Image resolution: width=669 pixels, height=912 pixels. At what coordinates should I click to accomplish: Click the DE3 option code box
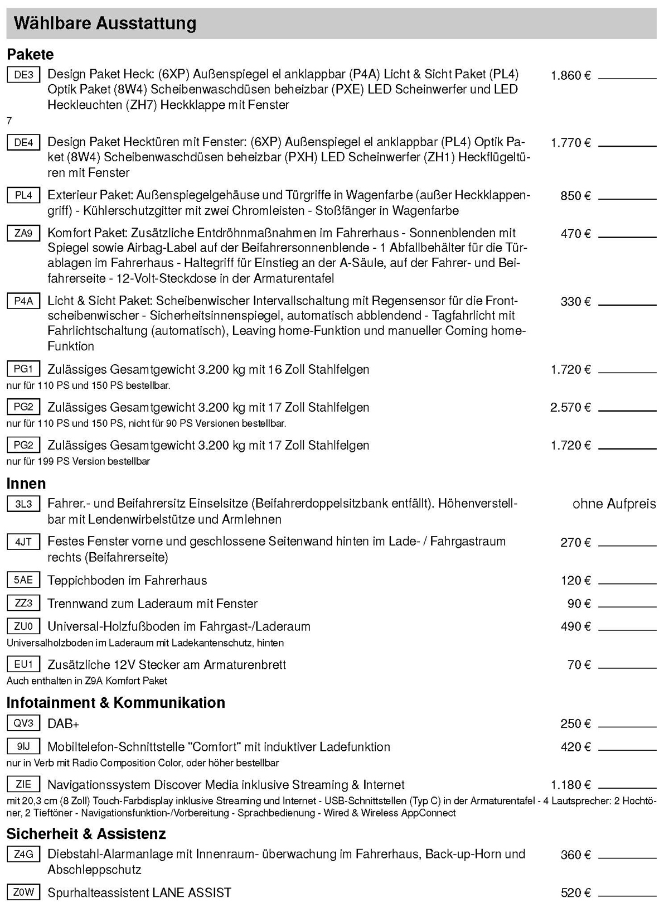[x=23, y=74]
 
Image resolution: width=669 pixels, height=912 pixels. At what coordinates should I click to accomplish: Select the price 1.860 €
[x=570, y=75]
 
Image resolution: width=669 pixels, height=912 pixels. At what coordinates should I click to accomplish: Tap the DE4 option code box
[x=23, y=142]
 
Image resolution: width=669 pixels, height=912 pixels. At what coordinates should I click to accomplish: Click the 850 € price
[x=575, y=196]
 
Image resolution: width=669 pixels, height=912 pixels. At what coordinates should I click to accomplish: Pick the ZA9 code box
[x=23, y=233]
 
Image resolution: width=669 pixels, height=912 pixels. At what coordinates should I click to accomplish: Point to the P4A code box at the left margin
[x=23, y=301]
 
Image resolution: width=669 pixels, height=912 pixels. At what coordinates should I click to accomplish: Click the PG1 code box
[x=23, y=369]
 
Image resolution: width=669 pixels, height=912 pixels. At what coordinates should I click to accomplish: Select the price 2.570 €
[x=570, y=408]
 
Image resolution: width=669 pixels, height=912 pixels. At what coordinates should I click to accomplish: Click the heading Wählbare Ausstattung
[x=105, y=23]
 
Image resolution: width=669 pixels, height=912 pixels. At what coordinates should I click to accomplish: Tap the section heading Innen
[x=26, y=483]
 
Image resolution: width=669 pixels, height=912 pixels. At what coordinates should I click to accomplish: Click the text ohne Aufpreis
[x=614, y=504]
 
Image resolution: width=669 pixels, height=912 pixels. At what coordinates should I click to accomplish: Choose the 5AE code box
[x=23, y=580]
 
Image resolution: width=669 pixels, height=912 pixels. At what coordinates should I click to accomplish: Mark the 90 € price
[x=579, y=604]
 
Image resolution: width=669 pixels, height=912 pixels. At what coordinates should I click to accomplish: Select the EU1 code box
[x=23, y=664]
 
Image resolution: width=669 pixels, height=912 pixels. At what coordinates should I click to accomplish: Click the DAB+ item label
[x=64, y=724]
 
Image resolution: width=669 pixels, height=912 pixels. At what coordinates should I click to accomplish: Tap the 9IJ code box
[x=23, y=746]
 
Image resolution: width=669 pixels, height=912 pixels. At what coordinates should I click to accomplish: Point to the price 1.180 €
[x=570, y=785]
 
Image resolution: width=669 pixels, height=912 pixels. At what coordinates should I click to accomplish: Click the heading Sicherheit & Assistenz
[x=86, y=834]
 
